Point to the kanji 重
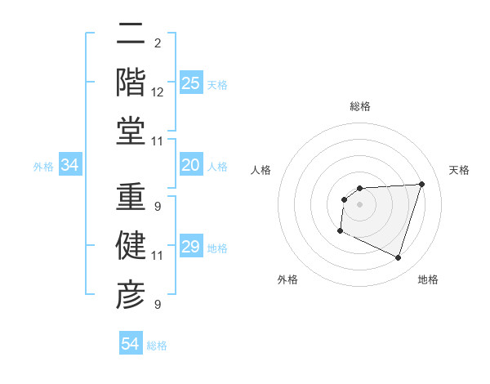coord(131,199)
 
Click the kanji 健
coord(131,246)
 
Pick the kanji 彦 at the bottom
coord(131,292)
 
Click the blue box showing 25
coord(191,83)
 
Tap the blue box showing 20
coord(191,166)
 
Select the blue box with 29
coord(191,248)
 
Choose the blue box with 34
coord(70,166)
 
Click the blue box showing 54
coord(131,344)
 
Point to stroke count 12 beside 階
coord(158,92)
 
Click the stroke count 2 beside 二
coord(157,43)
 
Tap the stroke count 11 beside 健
coord(158,256)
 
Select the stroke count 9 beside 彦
coord(157,305)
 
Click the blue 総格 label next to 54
coord(157,346)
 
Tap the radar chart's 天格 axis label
coord(459,170)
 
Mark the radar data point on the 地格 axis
coord(399,258)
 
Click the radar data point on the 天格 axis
coord(421,184)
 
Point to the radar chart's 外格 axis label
coord(287,279)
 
